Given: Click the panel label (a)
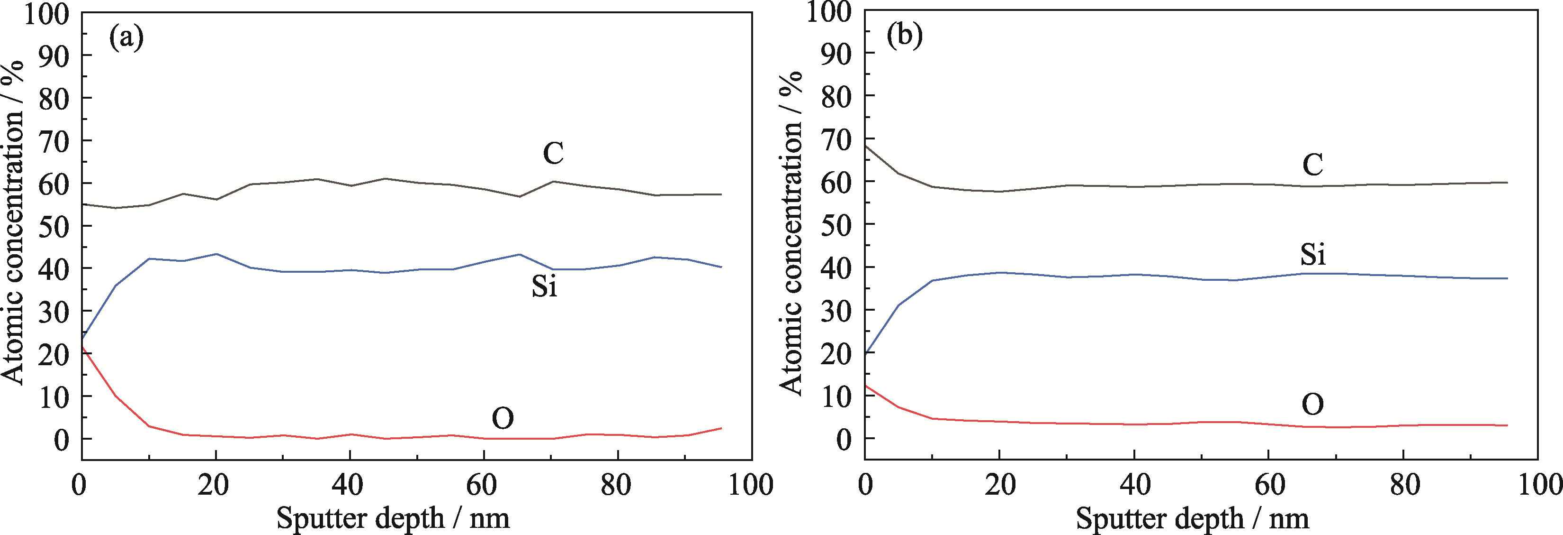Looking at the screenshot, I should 126,38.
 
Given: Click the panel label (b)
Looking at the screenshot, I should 904,36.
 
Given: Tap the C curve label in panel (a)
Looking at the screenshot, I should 553,153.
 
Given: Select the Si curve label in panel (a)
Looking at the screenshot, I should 544,286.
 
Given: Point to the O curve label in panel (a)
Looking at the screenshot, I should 503,418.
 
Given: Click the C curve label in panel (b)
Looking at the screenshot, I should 1312,165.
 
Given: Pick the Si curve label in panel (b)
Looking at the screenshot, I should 1312,254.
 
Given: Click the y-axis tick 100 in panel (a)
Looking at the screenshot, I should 47,13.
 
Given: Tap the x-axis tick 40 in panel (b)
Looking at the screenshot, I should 1134,485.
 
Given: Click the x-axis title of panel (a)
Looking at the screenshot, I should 393,518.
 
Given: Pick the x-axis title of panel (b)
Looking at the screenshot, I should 1192,518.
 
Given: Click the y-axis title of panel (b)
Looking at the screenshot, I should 790,234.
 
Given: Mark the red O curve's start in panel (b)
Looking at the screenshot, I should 866,386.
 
